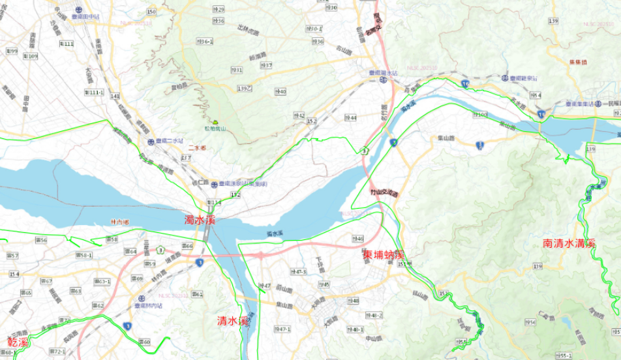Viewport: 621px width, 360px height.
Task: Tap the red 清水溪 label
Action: click(x=232, y=320)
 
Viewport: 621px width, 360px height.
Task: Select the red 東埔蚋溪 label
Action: click(x=384, y=253)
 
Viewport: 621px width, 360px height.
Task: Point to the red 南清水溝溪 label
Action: click(x=569, y=243)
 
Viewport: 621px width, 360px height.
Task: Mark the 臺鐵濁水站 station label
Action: click(x=384, y=74)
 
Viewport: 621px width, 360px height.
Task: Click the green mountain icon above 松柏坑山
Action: click(x=214, y=121)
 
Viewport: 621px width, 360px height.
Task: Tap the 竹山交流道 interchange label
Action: click(x=383, y=194)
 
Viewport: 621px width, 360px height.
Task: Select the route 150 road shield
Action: click(x=151, y=11)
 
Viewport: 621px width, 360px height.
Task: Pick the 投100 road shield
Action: click(x=480, y=115)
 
